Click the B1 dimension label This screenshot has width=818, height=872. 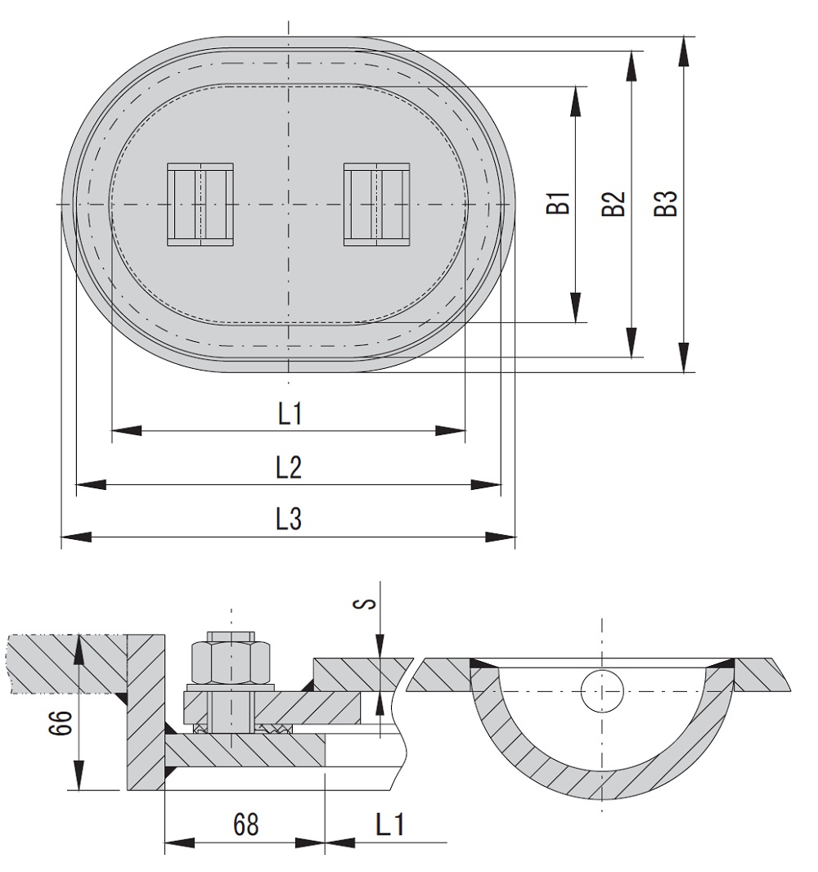(x=558, y=203)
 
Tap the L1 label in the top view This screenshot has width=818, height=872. (x=290, y=415)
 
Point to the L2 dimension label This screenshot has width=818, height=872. (x=289, y=468)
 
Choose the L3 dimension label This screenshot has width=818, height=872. (x=289, y=519)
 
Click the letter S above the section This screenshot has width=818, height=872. (x=369, y=604)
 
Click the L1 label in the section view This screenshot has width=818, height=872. (x=391, y=825)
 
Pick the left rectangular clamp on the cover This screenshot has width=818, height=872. (x=200, y=205)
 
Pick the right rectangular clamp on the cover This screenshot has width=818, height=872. (x=376, y=205)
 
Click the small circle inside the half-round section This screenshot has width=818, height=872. (x=602, y=692)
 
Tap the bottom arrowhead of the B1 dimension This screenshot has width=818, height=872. (x=576, y=308)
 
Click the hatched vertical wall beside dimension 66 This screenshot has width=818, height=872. (x=146, y=712)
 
